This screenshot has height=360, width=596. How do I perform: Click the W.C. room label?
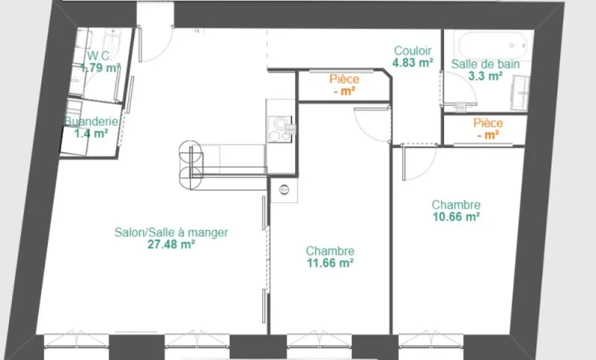coord(99,56)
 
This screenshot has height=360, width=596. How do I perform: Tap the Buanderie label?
coord(91,121)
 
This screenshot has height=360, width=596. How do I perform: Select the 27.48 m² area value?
coord(171,244)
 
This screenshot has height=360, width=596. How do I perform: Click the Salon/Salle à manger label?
coord(171,233)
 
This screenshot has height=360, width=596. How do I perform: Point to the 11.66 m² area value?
coord(330,262)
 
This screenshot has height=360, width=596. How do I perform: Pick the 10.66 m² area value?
coord(456,217)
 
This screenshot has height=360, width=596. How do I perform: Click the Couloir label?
coord(413,51)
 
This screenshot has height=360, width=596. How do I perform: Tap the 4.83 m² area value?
coord(413,63)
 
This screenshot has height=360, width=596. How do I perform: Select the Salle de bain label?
coord(486,64)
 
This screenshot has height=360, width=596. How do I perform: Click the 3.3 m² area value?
coord(486,76)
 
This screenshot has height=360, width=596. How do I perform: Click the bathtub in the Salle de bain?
coord(492,45)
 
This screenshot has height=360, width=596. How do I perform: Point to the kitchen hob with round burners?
coord(280,129)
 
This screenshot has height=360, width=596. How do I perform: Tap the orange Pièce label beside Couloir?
coord(344,79)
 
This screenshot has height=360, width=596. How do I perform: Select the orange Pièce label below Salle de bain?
coord(488,123)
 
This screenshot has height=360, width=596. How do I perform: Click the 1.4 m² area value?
coord(91,133)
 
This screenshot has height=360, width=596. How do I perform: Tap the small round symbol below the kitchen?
coord(284,189)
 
